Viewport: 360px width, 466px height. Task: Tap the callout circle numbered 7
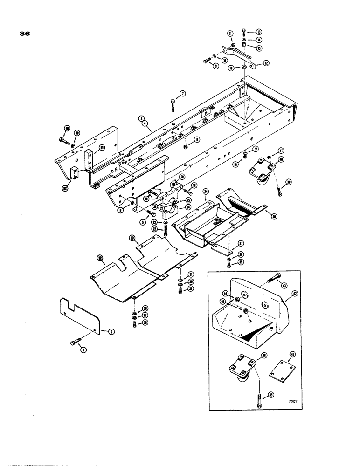(x=183, y=94)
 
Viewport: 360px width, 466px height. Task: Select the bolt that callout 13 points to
(x=244, y=32)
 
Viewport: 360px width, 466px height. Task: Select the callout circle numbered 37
(x=241, y=243)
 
